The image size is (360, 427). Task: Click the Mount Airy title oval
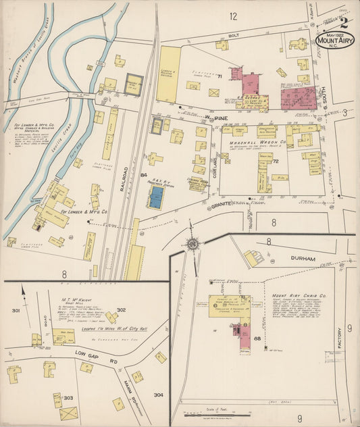(x=336, y=40)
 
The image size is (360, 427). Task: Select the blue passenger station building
(x=156, y=197)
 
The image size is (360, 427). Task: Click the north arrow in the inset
(x=24, y=292)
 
